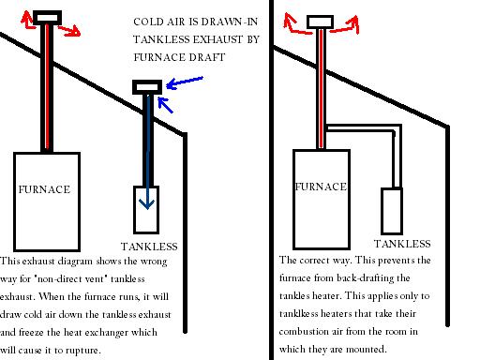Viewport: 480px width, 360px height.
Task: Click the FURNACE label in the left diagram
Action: click(45, 189)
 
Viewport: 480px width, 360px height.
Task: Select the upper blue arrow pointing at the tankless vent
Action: click(183, 82)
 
